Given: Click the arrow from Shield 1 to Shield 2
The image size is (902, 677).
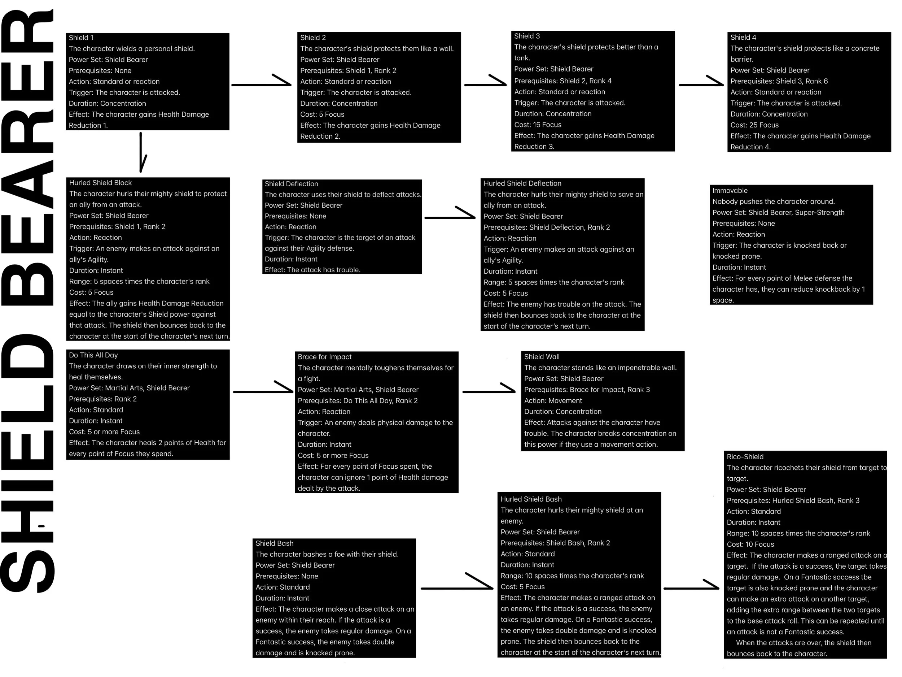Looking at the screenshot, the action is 261,84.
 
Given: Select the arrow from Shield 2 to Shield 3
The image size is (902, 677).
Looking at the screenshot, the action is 485,84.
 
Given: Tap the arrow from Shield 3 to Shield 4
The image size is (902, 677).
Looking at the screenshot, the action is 701,84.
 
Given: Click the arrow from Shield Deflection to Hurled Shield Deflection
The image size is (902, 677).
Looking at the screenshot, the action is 450,217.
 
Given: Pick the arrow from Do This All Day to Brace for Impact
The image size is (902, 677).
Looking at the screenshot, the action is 263,391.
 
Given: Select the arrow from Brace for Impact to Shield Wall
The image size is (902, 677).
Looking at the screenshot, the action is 489,391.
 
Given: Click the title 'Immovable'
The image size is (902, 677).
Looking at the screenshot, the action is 730,191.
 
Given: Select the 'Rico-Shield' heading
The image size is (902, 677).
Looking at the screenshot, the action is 745,457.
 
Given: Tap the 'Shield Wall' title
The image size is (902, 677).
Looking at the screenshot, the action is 542,357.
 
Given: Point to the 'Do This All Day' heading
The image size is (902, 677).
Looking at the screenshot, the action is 93,355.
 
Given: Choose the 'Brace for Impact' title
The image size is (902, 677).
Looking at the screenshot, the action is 325,357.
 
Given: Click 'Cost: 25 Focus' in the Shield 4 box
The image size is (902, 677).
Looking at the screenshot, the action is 754,125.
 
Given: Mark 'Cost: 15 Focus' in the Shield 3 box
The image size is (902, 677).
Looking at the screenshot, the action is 538,125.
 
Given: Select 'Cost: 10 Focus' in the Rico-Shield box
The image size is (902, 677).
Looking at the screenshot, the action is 750,544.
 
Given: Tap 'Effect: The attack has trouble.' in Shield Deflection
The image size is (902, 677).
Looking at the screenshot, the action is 312,270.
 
